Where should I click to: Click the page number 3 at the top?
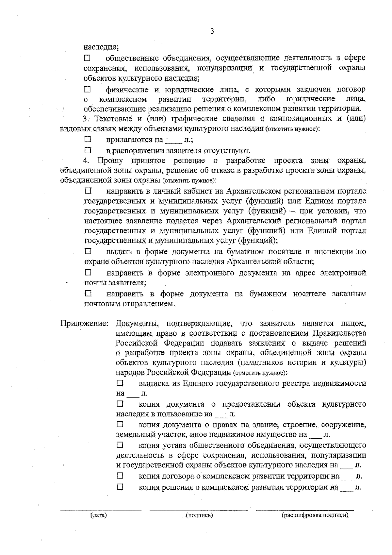point(212,31)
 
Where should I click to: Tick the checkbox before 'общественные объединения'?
point(87,59)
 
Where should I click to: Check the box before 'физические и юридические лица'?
point(87,89)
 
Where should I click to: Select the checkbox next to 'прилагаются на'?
point(88,140)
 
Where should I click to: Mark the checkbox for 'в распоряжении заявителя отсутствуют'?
point(88,150)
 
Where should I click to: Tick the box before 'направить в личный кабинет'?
point(88,190)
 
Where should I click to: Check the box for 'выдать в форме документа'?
point(88,251)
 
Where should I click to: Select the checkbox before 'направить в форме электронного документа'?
point(88,272)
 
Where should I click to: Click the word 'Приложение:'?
point(84,324)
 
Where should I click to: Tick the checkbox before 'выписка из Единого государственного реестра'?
point(120,382)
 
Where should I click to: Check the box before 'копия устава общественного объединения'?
point(120,445)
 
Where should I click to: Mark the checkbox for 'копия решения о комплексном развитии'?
point(120,487)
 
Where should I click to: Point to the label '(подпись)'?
point(199,515)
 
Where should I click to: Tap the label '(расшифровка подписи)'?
point(315,515)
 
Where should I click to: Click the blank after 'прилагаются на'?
point(173,141)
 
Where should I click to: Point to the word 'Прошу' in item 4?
point(110,160)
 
